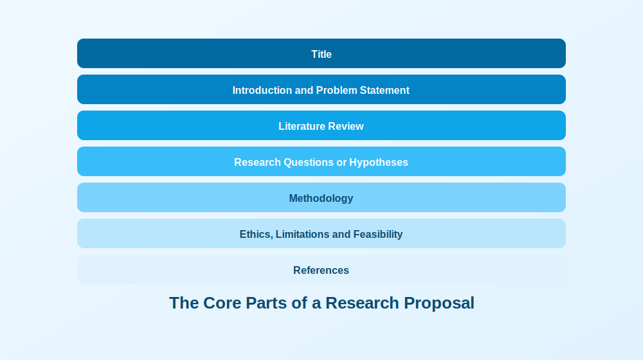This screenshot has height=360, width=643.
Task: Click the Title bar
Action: (x=321, y=53)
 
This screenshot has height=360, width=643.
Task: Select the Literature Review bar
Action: (x=321, y=125)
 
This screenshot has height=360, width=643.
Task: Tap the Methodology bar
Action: (x=321, y=197)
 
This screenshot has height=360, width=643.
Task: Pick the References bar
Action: (x=321, y=269)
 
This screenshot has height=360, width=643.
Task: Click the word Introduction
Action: (x=262, y=90)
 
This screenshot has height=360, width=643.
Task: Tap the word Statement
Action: (x=385, y=90)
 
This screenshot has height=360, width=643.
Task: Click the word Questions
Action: (x=309, y=163)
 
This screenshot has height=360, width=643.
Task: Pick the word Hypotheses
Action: (x=379, y=163)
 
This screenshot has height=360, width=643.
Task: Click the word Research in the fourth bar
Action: (x=258, y=163)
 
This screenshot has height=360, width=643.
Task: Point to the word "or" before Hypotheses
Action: (x=341, y=163)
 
